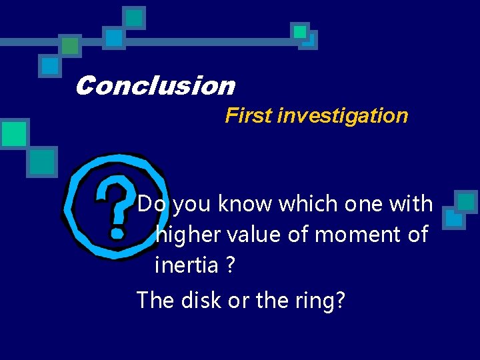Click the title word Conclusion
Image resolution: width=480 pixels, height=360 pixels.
click(x=155, y=86)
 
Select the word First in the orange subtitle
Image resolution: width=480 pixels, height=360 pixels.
click(x=249, y=115)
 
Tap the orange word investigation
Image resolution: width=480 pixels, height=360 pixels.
click(x=343, y=115)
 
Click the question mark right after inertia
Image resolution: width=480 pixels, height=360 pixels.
click(x=230, y=265)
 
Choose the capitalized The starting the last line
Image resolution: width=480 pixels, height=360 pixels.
click(x=154, y=300)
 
